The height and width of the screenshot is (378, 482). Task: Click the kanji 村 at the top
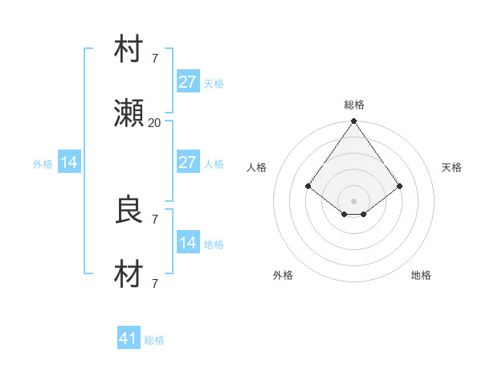tap(129, 51)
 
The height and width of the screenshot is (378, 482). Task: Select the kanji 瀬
tap(129, 115)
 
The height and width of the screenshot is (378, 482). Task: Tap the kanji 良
tap(129, 211)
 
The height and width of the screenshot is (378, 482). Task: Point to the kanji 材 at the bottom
tap(129, 276)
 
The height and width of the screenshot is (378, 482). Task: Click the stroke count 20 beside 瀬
tap(154, 122)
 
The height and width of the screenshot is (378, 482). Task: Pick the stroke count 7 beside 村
tap(154, 58)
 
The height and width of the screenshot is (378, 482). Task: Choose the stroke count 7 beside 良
tap(154, 218)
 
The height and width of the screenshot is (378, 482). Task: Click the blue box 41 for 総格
tap(129, 339)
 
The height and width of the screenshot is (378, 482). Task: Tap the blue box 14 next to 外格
tap(69, 162)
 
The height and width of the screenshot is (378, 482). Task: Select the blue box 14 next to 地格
tap(187, 243)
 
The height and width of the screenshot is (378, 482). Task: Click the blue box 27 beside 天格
tap(187, 82)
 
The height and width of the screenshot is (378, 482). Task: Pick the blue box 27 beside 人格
tap(187, 162)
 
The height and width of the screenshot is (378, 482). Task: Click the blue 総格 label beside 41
tap(154, 340)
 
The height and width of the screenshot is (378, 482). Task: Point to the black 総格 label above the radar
tap(353, 105)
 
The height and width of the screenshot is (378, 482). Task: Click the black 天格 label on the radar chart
tap(451, 167)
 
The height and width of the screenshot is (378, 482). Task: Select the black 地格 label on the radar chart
tap(421, 275)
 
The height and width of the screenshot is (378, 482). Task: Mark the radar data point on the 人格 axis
tap(308, 186)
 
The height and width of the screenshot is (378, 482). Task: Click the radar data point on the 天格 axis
tap(399, 186)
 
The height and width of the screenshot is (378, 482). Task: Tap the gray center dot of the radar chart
tap(353, 200)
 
